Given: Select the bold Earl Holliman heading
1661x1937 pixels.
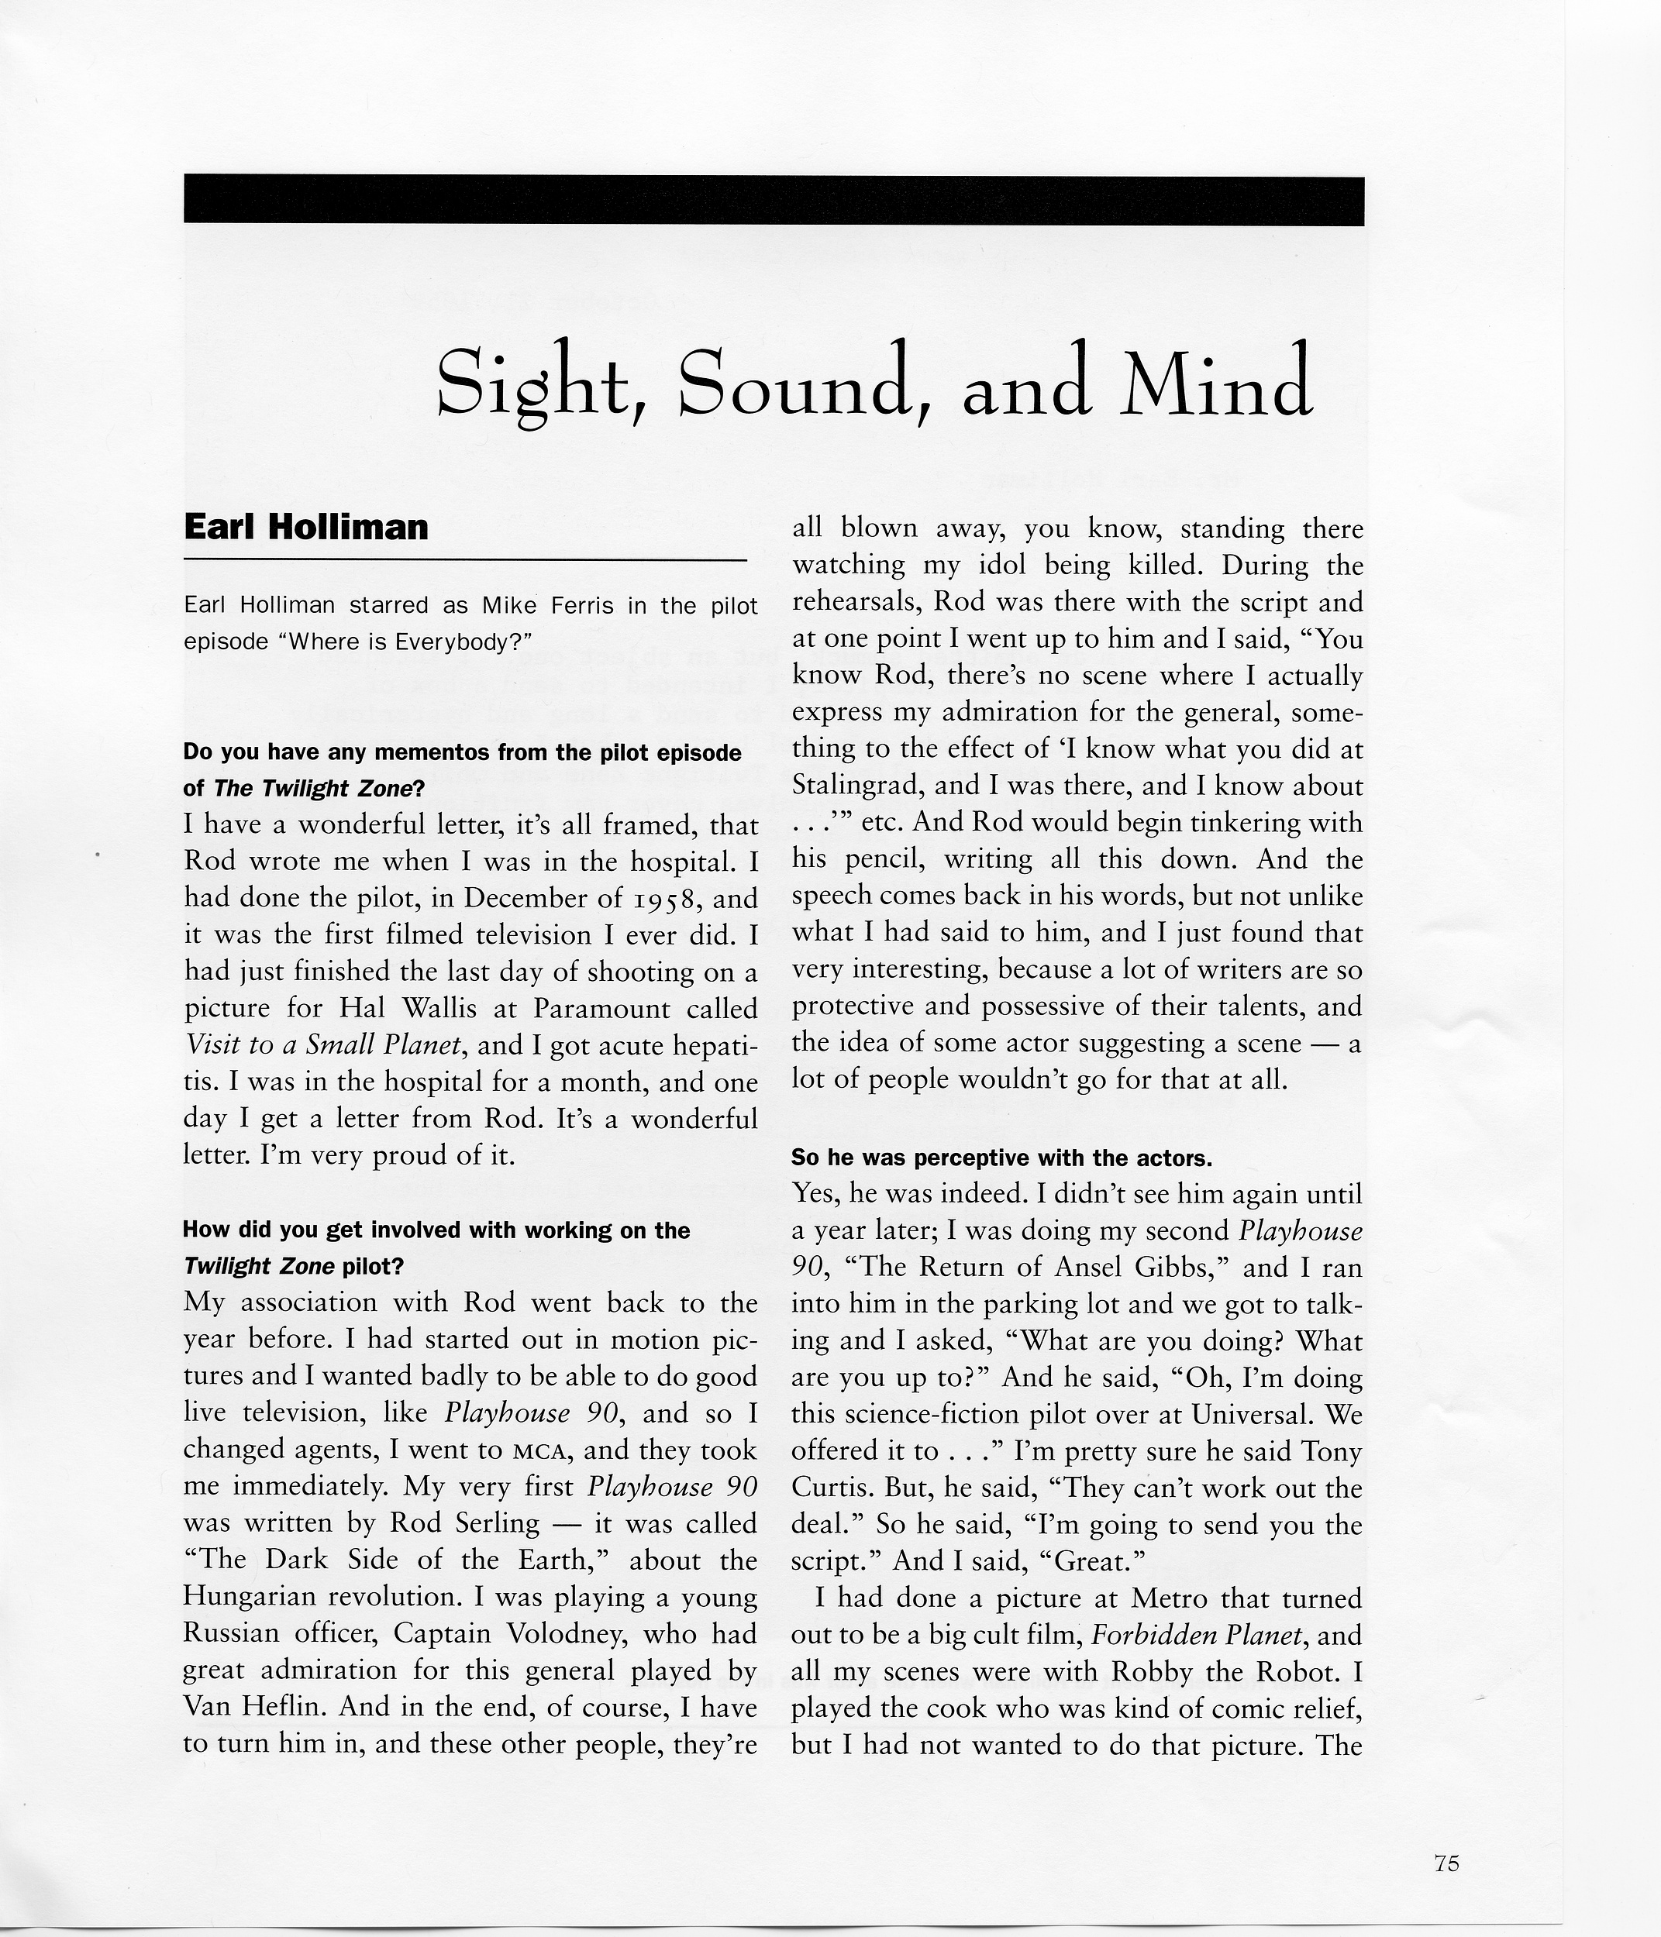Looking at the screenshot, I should (x=306, y=528).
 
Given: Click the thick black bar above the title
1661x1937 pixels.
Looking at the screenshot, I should (x=774, y=200).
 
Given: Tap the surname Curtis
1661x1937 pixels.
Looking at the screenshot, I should (x=824, y=1488).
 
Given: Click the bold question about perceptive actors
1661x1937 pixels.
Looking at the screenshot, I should (x=1001, y=1158).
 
